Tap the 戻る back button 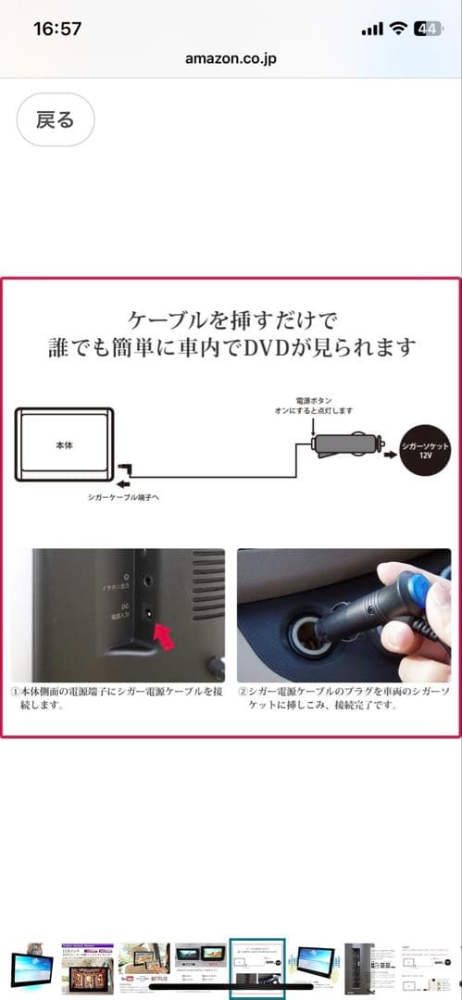point(56,119)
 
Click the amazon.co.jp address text point(231,57)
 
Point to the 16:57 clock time point(57,28)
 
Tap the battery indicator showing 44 point(428,29)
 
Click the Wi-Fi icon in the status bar point(398,29)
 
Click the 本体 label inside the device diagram point(63,445)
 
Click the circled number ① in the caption point(16,690)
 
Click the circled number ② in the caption point(243,690)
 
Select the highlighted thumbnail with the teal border point(258,970)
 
